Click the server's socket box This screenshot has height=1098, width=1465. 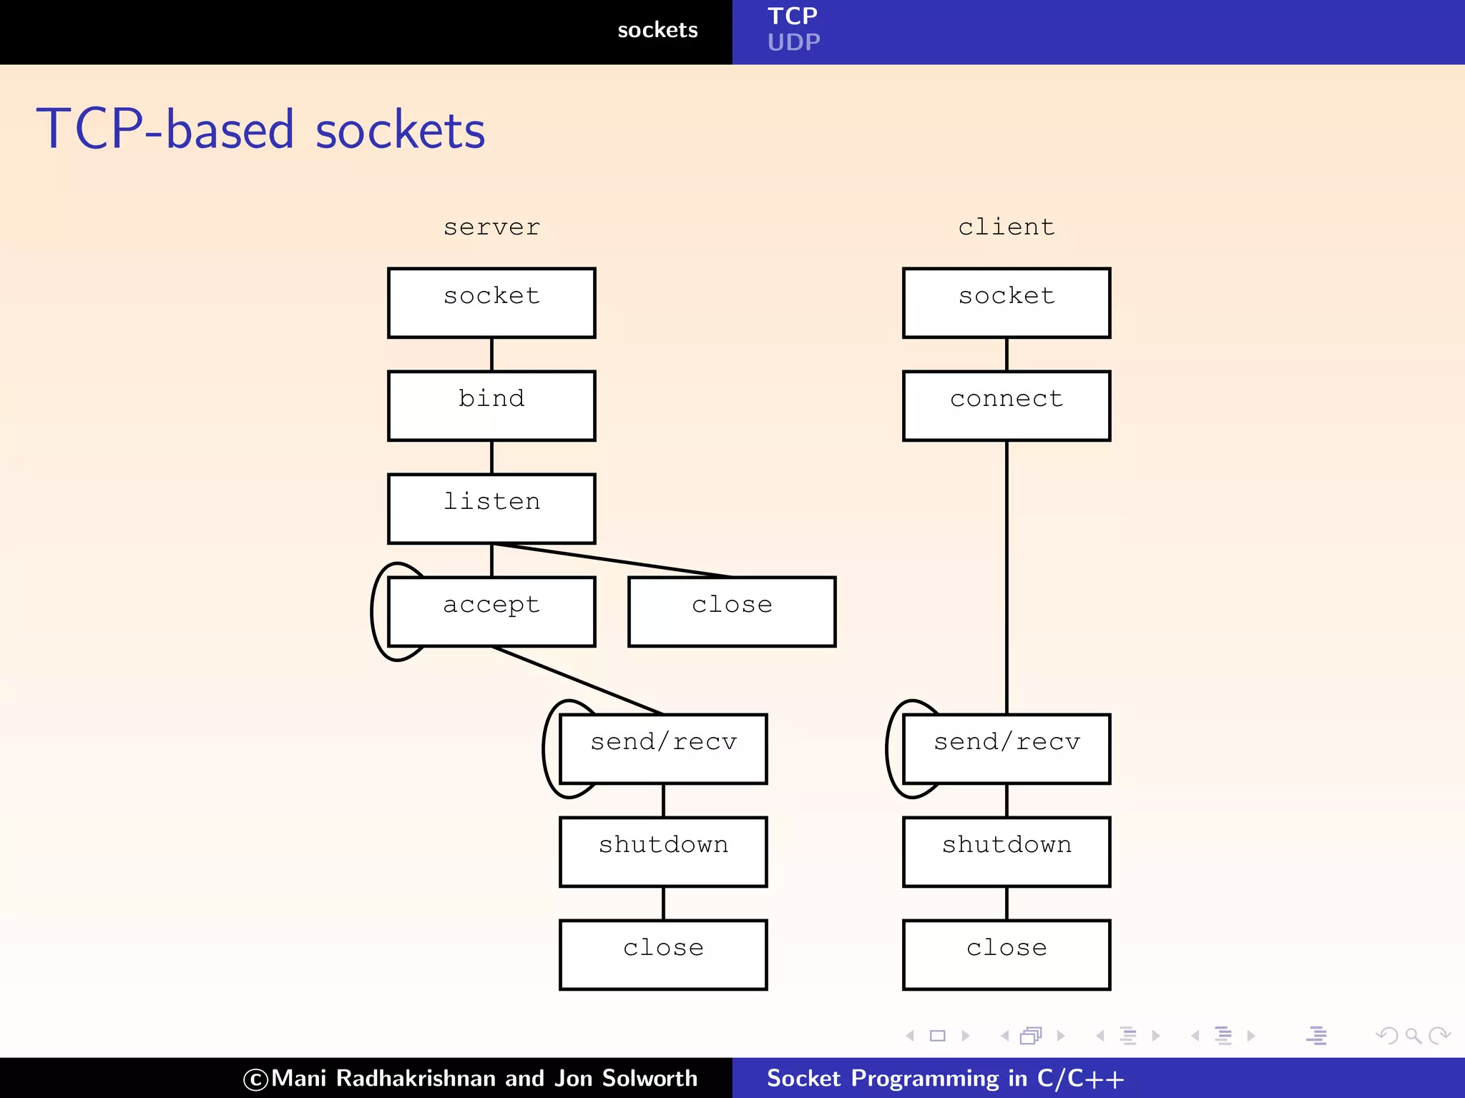[x=491, y=302]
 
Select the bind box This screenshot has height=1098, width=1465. [x=491, y=405]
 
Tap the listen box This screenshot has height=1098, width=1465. [x=491, y=508]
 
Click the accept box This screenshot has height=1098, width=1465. [x=491, y=611]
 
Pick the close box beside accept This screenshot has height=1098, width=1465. [x=732, y=611]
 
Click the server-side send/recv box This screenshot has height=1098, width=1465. [x=663, y=748]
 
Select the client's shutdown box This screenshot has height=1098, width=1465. [x=1006, y=851]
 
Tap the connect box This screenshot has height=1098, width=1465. [x=1006, y=405]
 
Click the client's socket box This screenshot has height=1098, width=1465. [x=1006, y=302]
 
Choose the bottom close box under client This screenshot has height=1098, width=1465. [x=1006, y=954]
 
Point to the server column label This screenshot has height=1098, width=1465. [x=491, y=227]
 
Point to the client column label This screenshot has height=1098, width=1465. [x=1006, y=227]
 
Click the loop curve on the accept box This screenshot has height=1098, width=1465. [x=373, y=611]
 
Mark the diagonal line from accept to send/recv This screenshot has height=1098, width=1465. [x=577, y=680]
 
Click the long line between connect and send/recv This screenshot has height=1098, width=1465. [x=1006, y=572]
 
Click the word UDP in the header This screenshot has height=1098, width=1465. [x=793, y=43]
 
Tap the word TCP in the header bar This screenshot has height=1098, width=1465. [x=792, y=16]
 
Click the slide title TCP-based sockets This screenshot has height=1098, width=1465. [x=261, y=129]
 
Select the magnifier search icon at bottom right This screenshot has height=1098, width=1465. [x=1413, y=1035]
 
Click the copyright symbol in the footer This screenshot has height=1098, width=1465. [x=255, y=1079]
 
